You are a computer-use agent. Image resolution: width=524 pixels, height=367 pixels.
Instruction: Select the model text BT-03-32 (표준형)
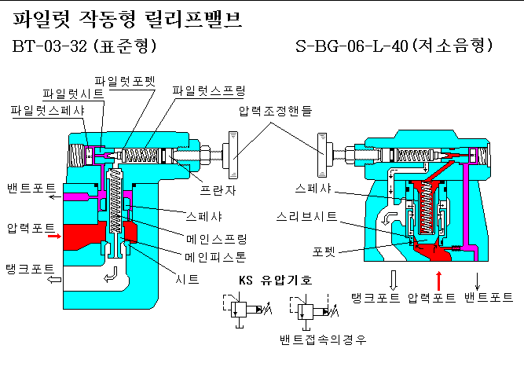click(x=85, y=46)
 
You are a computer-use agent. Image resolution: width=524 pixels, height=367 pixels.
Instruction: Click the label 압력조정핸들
click(x=274, y=112)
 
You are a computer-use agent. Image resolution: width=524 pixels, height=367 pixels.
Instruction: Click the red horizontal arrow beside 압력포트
click(x=53, y=234)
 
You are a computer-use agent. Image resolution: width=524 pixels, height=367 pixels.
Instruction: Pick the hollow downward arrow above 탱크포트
click(x=394, y=279)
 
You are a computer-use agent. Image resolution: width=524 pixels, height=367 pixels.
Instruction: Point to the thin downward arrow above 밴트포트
click(x=478, y=279)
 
